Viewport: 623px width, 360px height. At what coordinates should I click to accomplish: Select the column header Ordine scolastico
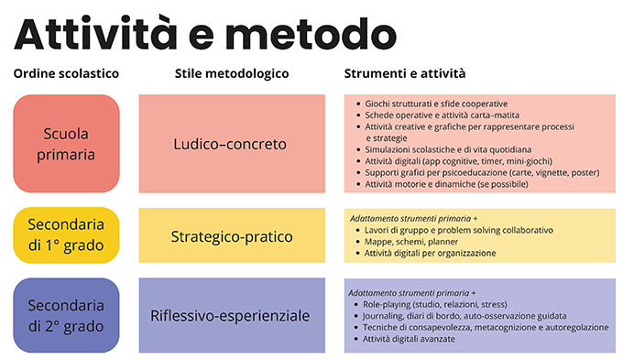pyautogui.click(x=66, y=73)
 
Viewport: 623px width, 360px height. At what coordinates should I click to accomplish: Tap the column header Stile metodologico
pyautogui.click(x=231, y=73)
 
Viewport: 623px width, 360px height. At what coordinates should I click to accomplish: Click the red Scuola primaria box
pyautogui.click(x=66, y=144)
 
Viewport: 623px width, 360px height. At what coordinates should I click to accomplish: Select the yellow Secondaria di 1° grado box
pyautogui.click(x=66, y=235)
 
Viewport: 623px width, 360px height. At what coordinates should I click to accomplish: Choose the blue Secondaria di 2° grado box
pyautogui.click(x=66, y=316)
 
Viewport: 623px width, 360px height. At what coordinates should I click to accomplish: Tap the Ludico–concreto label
pyautogui.click(x=231, y=144)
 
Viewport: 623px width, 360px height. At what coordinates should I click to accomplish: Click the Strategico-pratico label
pyautogui.click(x=231, y=236)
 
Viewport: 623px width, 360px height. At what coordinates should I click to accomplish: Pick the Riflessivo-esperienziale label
pyautogui.click(x=231, y=316)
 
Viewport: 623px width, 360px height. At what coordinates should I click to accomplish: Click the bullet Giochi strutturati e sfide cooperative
pyautogui.click(x=435, y=104)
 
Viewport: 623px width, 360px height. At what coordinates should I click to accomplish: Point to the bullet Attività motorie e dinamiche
pyautogui.click(x=445, y=184)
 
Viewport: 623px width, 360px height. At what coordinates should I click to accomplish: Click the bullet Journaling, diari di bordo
pyautogui.click(x=458, y=315)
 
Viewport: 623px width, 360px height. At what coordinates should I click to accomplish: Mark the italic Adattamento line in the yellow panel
pyautogui.click(x=412, y=217)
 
